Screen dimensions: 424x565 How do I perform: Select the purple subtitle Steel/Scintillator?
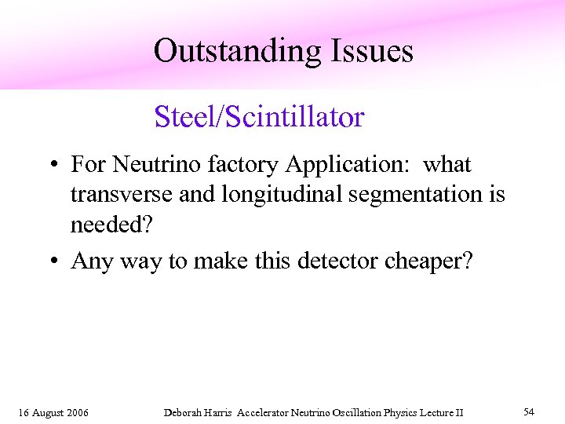point(260,117)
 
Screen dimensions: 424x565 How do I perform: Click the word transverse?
point(121,194)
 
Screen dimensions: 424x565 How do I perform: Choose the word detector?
point(339,261)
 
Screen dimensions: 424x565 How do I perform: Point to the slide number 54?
point(529,412)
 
